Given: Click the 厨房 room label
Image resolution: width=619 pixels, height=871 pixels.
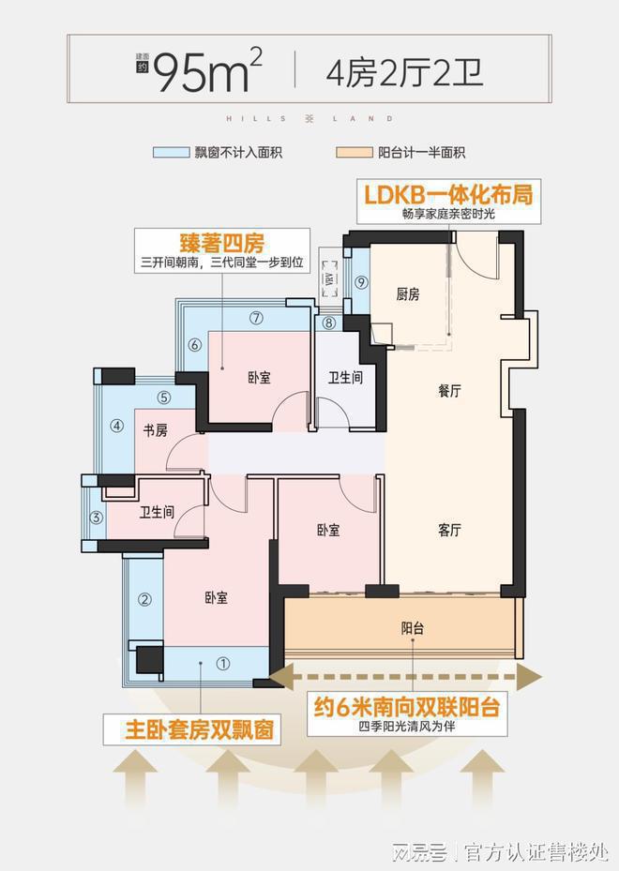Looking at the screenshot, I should tap(407, 294).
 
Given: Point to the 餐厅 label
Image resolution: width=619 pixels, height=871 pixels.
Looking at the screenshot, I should tap(449, 392).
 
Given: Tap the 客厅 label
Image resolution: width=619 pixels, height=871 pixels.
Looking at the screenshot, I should tap(449, 530).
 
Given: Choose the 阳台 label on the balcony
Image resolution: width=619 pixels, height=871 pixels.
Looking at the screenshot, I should tap(412, 628).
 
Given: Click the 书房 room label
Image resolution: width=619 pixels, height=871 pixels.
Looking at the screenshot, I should tap(155, 431).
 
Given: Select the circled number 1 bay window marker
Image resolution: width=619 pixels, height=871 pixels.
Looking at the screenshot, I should tap(222, 664).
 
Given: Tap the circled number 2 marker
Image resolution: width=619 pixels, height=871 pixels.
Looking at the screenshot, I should tap(145, 600).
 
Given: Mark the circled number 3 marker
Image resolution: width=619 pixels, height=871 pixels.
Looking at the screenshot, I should tap(95, 518).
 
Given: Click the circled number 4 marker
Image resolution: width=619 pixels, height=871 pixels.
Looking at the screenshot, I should tap(117, 426).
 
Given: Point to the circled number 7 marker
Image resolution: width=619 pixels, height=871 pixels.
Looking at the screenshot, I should tap(256, 317).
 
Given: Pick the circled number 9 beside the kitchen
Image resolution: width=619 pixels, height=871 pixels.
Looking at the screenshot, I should tap(361, 282).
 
